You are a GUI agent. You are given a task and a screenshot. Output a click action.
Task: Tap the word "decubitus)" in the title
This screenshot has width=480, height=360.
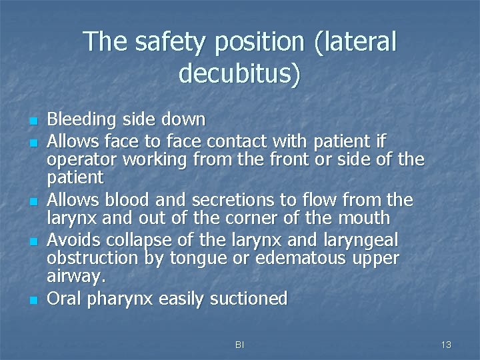tap(239, 73)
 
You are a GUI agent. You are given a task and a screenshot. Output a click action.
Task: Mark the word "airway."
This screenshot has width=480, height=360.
tap(75, 276)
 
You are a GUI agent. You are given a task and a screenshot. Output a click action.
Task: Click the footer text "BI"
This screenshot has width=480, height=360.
tap(239, 344)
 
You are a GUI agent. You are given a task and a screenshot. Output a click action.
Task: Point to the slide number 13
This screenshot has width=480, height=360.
tap(446, 344)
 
